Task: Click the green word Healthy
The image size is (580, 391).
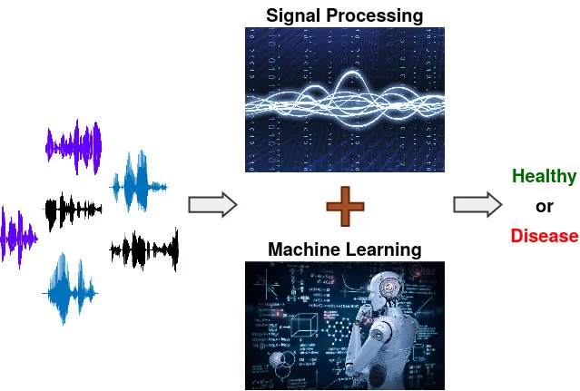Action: coord(544,176)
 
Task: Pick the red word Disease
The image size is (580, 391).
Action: coord(544,236)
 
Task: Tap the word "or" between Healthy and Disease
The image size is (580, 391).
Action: coord(544,206)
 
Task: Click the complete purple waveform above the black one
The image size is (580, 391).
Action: coord(74,145)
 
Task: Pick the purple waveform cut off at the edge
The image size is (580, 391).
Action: coord(16,237)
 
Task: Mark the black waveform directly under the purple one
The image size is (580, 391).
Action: coord(73,210)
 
